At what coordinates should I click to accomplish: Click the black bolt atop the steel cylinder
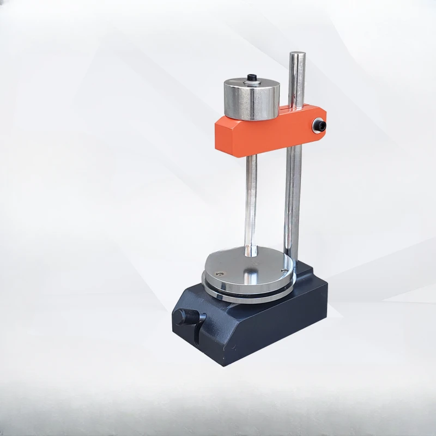252,77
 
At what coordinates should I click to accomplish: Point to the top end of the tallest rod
297,54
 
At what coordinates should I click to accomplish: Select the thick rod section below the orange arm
293,207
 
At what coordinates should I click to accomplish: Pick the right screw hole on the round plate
283,268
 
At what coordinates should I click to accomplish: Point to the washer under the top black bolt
252,81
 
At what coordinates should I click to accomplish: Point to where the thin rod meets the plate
251,253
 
